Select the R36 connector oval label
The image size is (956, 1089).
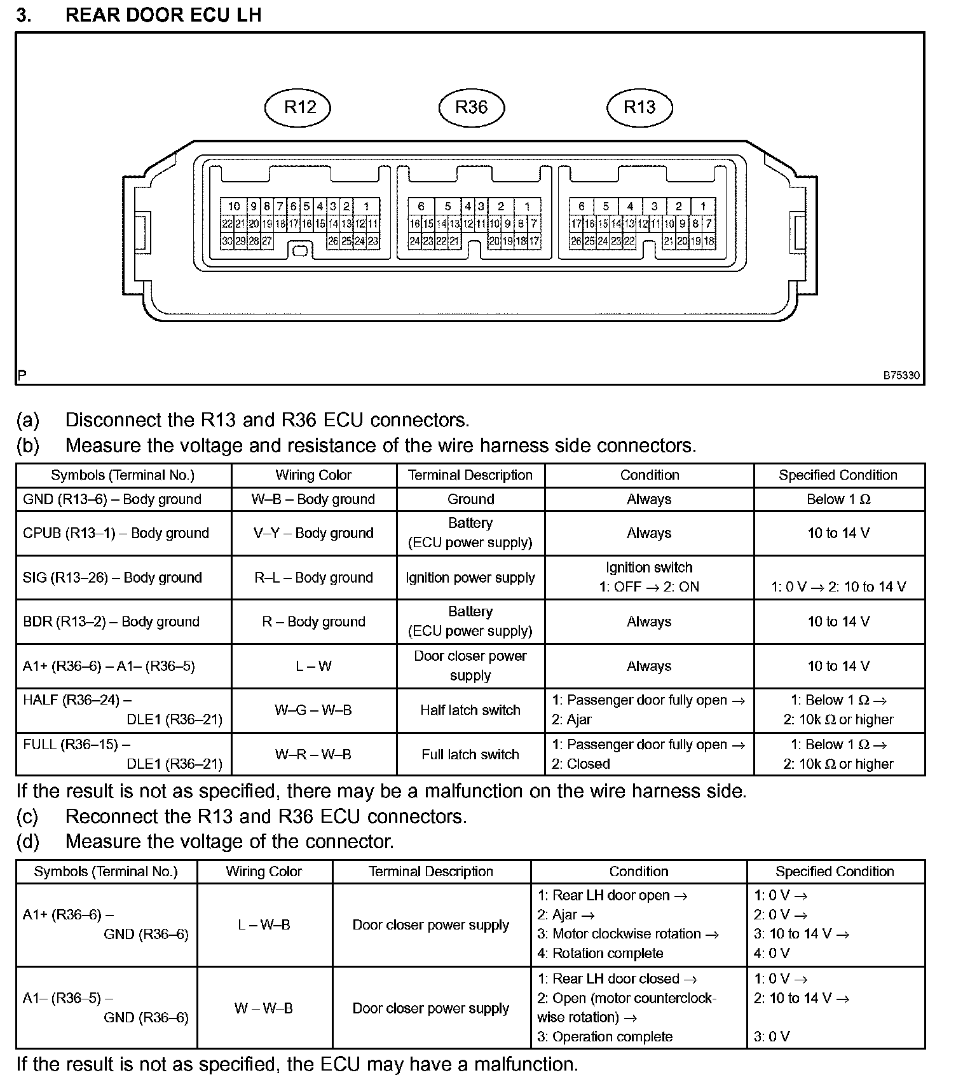(x=471, y=107)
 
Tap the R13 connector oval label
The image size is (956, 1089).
(x=639, y=107)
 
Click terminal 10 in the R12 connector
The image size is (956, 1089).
(x=234, y=206)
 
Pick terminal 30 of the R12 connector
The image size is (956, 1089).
(x=227, y=241)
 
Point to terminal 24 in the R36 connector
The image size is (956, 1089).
(x=414, y=241)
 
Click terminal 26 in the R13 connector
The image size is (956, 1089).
(x=576, y=241)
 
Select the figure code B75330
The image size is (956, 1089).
(x=901, y=375)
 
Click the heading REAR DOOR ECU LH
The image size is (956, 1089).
(x=163, y=15)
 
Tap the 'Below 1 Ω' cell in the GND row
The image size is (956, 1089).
(x=838, y=499)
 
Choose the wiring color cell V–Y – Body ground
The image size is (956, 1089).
(x=313, y=533)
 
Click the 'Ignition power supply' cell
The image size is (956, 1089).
(x=470, y=578)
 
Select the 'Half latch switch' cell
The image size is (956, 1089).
(x=470, y=710)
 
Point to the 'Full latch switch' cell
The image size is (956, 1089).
(x=470, y=754)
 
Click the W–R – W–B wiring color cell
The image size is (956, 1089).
(x=313, y=754)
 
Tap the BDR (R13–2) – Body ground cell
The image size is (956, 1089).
(x=111, y=621)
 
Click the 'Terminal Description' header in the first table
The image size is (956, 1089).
(x=470, y=475)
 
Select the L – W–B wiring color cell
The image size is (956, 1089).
(x=264, y=925)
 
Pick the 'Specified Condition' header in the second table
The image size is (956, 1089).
(x=835, y=872)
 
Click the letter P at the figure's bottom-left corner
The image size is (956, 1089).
(x=22, y=376)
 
